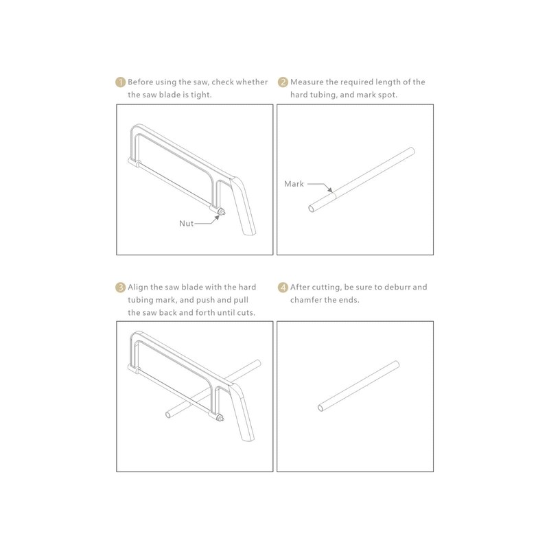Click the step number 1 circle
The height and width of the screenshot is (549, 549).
120,82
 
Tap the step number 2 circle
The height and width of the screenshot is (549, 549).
282,82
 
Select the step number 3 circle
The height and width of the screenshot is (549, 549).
120,288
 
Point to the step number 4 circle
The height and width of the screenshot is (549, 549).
282,288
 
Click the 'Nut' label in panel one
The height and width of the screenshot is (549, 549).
187,223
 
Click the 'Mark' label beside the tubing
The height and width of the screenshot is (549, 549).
294,184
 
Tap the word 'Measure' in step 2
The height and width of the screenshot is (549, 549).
306,82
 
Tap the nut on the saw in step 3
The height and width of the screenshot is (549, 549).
220,418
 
